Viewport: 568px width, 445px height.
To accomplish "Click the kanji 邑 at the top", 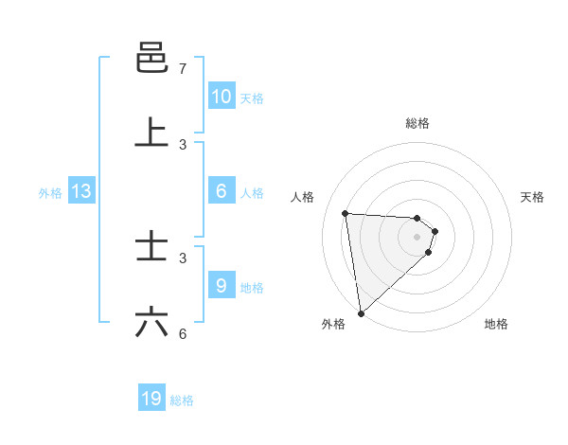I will (152, 58).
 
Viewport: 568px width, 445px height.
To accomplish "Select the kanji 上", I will (152, 133).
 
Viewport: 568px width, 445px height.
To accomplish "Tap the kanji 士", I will (152, 247).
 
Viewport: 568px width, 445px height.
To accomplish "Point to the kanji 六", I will (152, 322).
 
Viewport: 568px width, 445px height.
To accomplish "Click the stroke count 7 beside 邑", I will (182, 69).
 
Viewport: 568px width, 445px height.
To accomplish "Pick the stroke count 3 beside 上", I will (182, 144).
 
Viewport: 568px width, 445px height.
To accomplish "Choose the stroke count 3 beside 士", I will (182, 258).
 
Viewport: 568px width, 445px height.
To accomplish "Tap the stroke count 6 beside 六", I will (182, 333).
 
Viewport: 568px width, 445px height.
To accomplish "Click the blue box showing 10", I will (221, 97).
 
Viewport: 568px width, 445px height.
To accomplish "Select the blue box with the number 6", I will (221, 191).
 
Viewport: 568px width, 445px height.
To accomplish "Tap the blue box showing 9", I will (221, 286).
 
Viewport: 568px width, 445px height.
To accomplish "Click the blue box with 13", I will (81, 191).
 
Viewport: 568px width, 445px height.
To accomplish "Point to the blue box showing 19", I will (151, 399).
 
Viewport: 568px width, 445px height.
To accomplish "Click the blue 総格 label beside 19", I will (182, 400).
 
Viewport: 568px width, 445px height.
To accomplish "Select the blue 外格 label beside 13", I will (50, 193).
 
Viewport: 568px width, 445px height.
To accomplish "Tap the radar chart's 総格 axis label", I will (417, 123).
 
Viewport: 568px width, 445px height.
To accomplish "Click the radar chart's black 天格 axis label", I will (533, 197).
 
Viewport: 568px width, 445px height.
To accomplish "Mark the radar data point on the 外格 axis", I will (360, 312).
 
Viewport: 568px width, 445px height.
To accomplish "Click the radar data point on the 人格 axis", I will (346, 213).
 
